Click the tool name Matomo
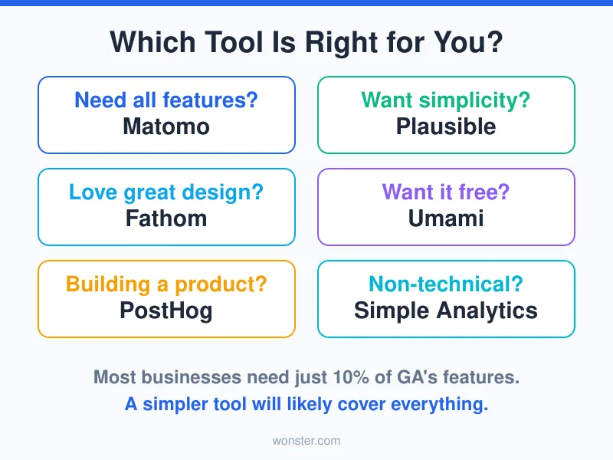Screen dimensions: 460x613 coord(166,127)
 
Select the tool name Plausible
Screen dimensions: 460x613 coord(446,127)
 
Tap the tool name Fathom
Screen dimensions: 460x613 coord(166,219)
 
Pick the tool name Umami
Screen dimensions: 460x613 coord(446,219)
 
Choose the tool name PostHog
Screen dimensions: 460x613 coord(166,310)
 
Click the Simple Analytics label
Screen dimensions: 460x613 coord(446,310)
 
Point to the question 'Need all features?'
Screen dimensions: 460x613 coord(166,100)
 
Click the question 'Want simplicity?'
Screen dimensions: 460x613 coord(446,100)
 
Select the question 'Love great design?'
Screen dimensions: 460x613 coord(166,192)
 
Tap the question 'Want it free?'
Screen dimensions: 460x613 coord(446,192)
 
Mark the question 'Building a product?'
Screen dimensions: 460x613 coord(166,284)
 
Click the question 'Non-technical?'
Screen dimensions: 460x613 coord(446,284)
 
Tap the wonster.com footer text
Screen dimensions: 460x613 coord(306,441)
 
